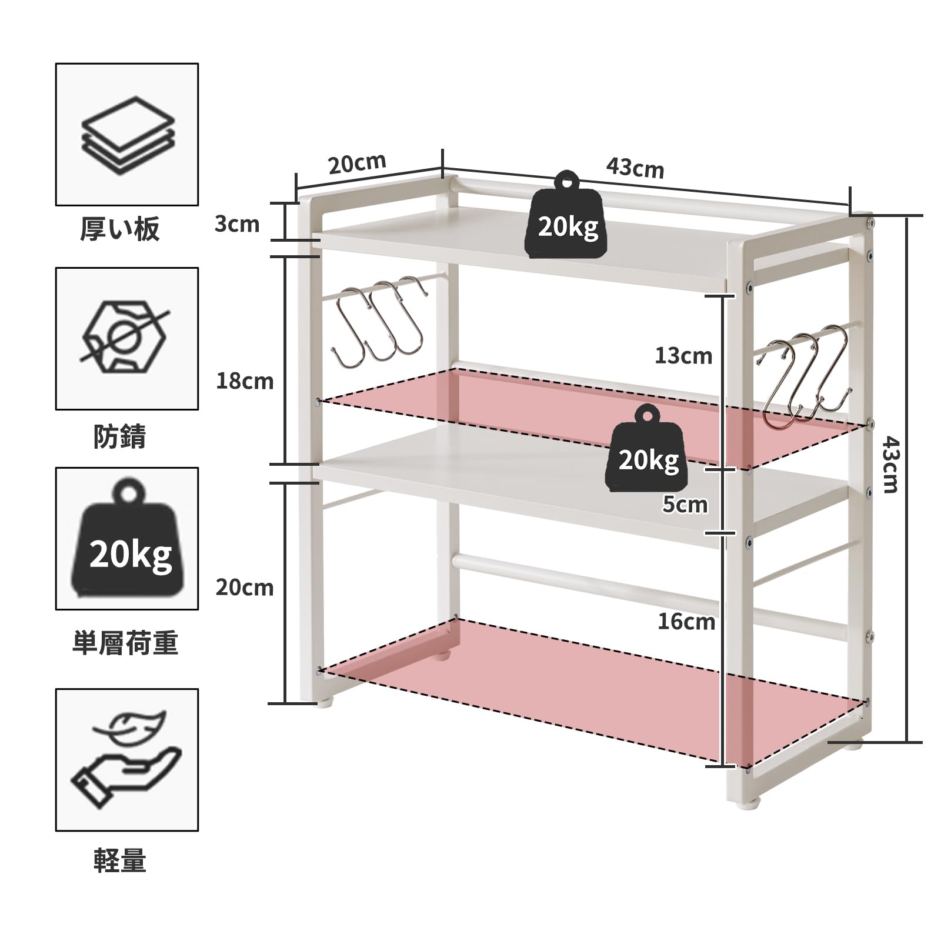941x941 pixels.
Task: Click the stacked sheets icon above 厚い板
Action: (127, 135)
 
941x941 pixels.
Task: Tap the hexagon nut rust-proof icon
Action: (125, 338)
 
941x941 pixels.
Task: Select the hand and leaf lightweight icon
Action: (126, 758)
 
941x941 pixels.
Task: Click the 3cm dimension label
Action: (236, 224)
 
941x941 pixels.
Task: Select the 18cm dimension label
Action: (245, 382)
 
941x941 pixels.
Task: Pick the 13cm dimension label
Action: (683, 356)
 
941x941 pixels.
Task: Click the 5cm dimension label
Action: (685, 505)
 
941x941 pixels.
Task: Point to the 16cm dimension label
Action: (686, 622)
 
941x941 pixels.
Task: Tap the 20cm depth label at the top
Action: (357, 163)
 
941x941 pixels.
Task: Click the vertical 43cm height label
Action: (890, 465)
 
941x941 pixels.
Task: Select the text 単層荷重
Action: (125, 643)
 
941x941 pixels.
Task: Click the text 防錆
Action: (120, 437)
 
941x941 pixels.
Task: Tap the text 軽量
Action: (120, 861)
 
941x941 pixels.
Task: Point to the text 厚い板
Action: (120, 229)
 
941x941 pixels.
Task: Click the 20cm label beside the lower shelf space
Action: (245, 588)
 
